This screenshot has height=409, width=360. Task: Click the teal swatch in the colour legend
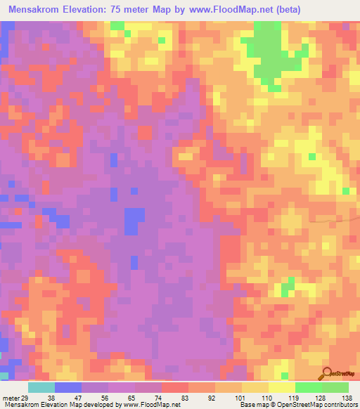(x=41, y=387)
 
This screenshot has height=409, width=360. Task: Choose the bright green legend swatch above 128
(x=309, y=387)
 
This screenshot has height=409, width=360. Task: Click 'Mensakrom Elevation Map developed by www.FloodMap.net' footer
(x=91, y=405)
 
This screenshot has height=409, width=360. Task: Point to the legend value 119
(x=295, y=397)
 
